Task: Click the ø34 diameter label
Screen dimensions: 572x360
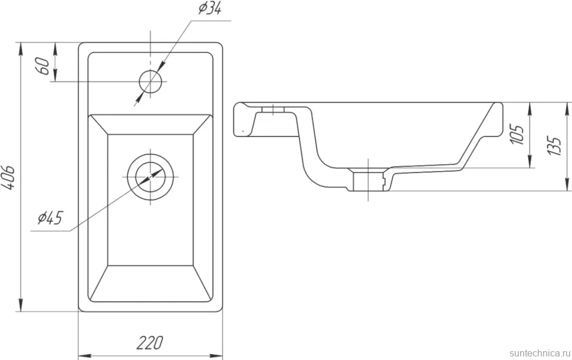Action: pos(210,8)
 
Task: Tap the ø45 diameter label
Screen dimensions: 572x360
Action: pos(50,218)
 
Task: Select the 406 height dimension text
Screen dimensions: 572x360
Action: pos(8,178)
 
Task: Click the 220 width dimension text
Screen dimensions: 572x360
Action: pos(150,343)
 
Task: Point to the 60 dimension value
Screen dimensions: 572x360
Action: pos(43,66)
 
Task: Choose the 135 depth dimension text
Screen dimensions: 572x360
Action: pos(554,146)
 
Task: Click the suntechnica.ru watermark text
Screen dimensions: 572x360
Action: pos(540,353)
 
